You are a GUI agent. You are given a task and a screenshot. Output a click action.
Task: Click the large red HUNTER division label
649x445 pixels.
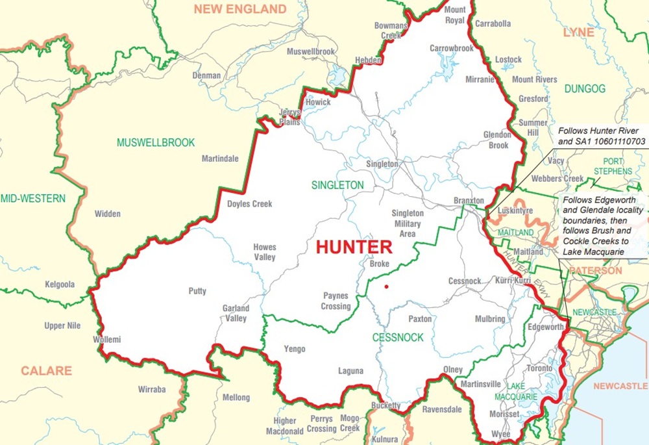coord(354,247)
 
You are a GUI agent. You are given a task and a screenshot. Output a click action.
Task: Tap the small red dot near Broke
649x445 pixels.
coord(386,286)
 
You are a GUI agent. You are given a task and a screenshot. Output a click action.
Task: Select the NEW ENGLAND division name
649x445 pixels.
coord(240,9)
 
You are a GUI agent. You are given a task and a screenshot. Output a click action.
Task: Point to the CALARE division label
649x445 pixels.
coord(46,371)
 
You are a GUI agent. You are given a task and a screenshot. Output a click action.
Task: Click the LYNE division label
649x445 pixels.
coord(578,32)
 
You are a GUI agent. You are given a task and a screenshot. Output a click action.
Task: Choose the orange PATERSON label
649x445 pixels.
coord(595,270)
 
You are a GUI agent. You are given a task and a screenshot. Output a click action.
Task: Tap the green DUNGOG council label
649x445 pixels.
coord(584,88)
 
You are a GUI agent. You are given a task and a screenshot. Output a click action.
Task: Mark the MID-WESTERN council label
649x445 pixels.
coord(32,198)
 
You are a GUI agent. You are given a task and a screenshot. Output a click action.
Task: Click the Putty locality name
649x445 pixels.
coord(197,291)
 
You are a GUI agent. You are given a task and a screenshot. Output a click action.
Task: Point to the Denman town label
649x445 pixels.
coord(206,75)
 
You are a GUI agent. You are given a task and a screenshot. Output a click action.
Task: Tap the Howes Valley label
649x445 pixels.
coord(265,252)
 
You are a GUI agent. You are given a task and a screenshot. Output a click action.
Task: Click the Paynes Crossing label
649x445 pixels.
coord(336,301)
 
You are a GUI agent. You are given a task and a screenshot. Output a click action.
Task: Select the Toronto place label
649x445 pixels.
coord(539,368)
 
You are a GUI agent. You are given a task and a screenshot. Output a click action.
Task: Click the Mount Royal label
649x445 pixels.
coord(455,15)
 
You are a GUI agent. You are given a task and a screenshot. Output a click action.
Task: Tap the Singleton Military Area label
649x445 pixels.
coord(407,223)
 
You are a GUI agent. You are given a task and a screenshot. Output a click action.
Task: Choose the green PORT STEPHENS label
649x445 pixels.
coord(608,166)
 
